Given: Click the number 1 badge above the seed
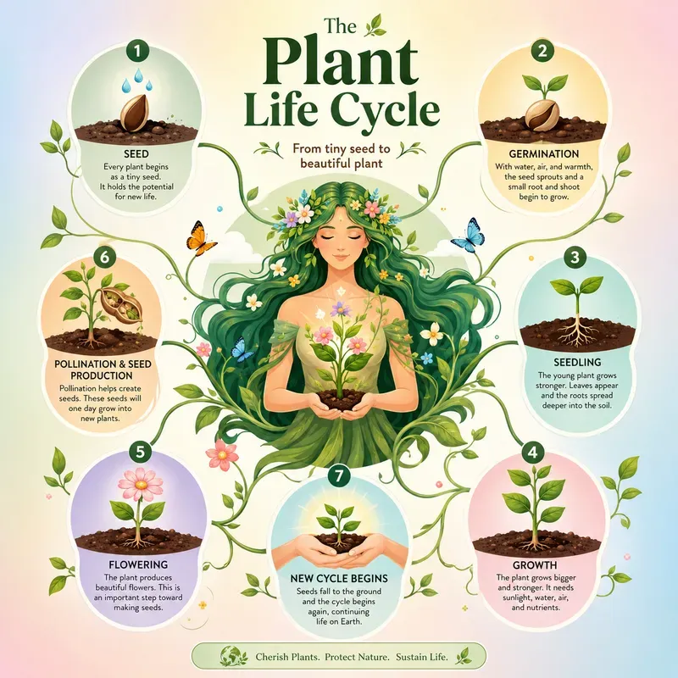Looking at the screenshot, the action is pos(137,52).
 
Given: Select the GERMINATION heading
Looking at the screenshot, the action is pos(543,154).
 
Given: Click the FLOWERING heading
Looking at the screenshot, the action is pos(138,564).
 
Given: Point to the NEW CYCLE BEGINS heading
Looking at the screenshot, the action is pos(338,578).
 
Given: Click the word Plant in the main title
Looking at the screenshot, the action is pos(339,65).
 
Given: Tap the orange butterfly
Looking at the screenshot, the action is pos(200,238).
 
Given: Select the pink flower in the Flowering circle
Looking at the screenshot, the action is pos(141,483).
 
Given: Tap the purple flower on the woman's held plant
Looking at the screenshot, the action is pos(341,310).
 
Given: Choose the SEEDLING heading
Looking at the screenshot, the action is pos(577,362).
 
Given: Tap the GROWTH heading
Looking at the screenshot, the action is pos(535,564).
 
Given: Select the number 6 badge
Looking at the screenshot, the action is pos(104,258).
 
